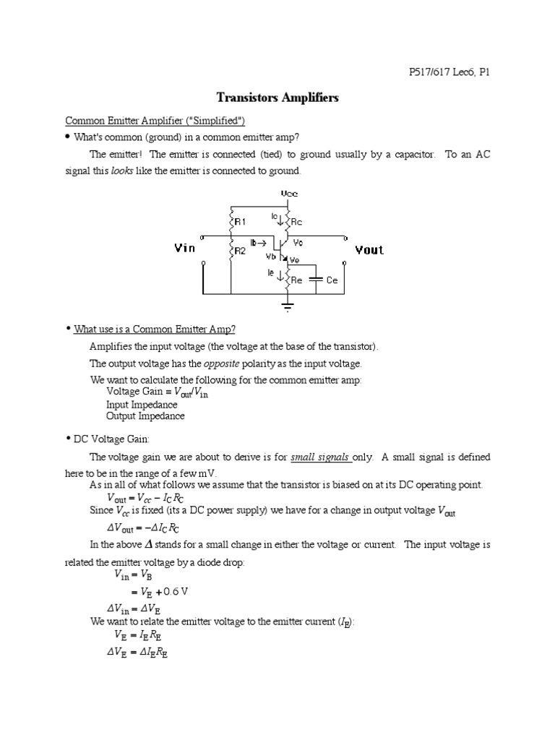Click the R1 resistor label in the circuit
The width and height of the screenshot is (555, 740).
(x=240, y=222)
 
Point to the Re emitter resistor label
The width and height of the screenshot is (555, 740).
(x=297, y=280)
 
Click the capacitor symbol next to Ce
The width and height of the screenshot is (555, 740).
(x=315, y=279)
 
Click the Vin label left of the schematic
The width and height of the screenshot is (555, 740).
(x=185, y=248)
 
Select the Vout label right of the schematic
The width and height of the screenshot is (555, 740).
(x=369, y=250)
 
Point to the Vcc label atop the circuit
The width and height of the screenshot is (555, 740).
(x=288, y=194)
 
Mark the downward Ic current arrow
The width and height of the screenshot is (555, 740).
(x=281, y=220)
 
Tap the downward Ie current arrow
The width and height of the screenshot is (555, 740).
(x=281, y=275)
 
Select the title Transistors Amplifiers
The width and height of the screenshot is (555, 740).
(x=277, y=98)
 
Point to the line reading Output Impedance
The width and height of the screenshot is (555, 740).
(x=145, y=416)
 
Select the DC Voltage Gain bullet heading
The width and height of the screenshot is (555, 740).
(x=111, y=439)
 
